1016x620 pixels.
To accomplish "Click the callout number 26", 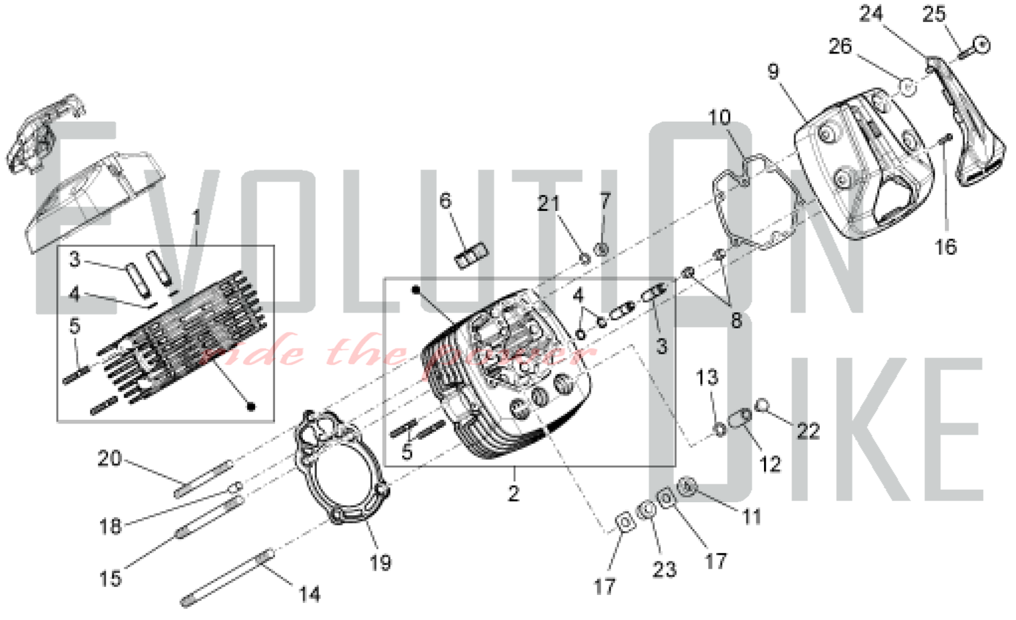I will pos(840,46).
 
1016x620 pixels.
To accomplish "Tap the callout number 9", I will pos(773,72).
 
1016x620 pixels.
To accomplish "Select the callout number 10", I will pos(719,118).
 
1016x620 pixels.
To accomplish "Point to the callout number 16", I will pos(945,247).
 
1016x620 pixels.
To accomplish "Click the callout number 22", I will pos(808,431).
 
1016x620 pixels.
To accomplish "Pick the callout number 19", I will pos(380,562).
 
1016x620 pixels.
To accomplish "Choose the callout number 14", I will pos(309,594).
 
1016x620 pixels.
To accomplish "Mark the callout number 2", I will pos(514,492).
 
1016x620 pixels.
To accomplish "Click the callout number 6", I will pos(445,201).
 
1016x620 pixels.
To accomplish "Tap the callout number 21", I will pos(548,204).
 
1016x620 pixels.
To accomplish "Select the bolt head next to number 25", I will pos(982,46).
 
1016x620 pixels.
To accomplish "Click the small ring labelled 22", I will pos(761,405).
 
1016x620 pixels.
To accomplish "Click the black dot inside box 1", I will pos(251,407).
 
